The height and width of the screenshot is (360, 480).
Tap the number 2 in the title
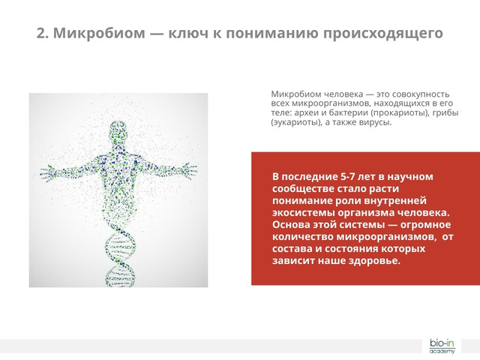coord(41,34)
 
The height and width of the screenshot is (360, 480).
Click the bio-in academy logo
coord(442,346)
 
